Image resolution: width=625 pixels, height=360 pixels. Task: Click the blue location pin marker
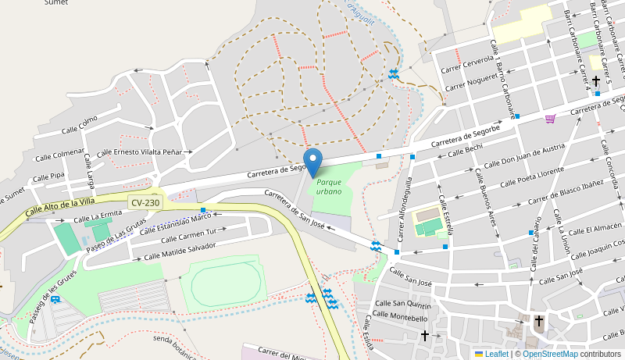pyautogui.click(x=312, y=162)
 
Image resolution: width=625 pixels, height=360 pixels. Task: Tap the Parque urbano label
pyautogui.click(x=329, y=187)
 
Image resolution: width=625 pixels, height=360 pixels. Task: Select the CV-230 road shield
pyautogui.click(x=145, y=202)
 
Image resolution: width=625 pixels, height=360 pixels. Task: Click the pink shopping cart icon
pyautogui.click(x=550, y=119)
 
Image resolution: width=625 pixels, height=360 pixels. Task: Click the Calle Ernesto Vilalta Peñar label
pyautogui.click(x=145, y=151)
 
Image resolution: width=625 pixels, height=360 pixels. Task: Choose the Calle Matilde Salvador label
pyautogui.click(x=180, y=251)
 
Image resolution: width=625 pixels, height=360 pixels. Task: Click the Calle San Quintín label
pyautogui.click(x=402, y=305)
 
